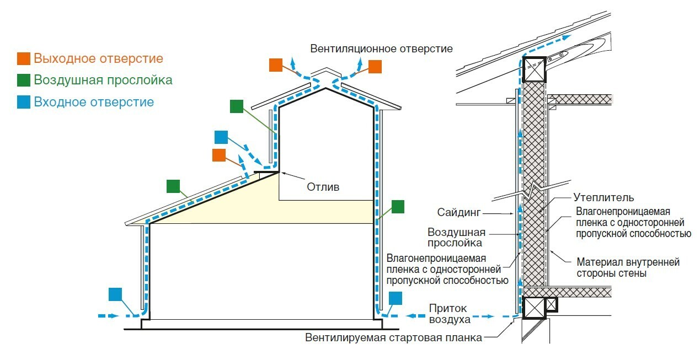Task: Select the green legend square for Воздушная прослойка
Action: [24, 80]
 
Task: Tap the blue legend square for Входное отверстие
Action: [24, 102]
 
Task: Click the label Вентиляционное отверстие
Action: [381, 49]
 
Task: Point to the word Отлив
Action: [323, 187]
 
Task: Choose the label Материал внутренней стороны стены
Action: [628, 267]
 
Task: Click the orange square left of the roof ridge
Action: [276, 65]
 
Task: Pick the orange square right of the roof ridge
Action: [375, 67]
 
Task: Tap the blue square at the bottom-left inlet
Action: [116, 294]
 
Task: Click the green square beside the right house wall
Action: [398, 207]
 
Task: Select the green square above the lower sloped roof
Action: [173, 186]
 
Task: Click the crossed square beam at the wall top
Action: [534, 69]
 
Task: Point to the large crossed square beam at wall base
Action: [533, 308]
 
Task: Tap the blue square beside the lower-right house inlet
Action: [396, 298]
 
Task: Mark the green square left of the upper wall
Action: [237, 106]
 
